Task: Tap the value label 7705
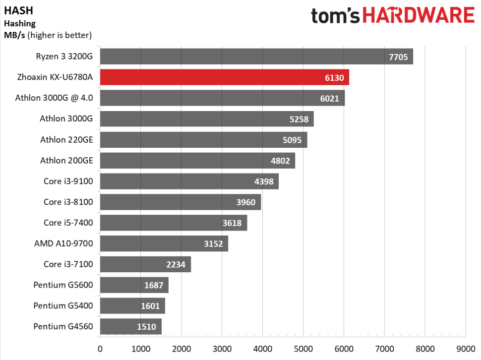398,57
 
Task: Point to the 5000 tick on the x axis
303,348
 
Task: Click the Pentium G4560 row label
63,326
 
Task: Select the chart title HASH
15,10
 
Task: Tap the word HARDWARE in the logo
418,16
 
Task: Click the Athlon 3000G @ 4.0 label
55,98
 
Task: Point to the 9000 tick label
465,348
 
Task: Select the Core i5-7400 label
68,223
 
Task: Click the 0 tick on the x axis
100,348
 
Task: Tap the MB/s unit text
14,35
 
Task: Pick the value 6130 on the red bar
335,78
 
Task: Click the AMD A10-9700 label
63,243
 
